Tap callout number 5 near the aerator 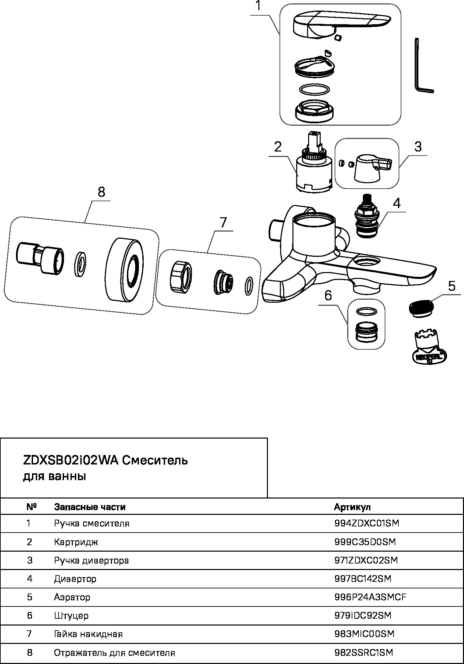(x=451, y=286)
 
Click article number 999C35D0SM (x=365, y=542)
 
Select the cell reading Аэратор (x=72, y=597)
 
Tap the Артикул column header (x=352, y=507)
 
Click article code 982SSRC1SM (x=364, y=652)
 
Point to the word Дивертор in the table (x=75, y=579)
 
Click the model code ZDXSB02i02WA (x=70, y=460)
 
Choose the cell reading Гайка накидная (x=88, y=634)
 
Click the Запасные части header (x=90, y=507)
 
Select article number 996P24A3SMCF (x=370, y=597)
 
